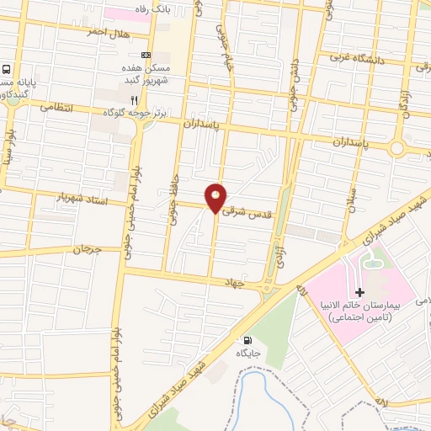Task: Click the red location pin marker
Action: pyautogui.click(x=216, y=197)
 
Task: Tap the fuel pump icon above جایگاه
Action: pyautogui.click(x=246, y=340)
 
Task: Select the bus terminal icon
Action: pyautogui.click(x=7, y=70)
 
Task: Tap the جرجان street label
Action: pyautogui.click(x=85, y=249)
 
